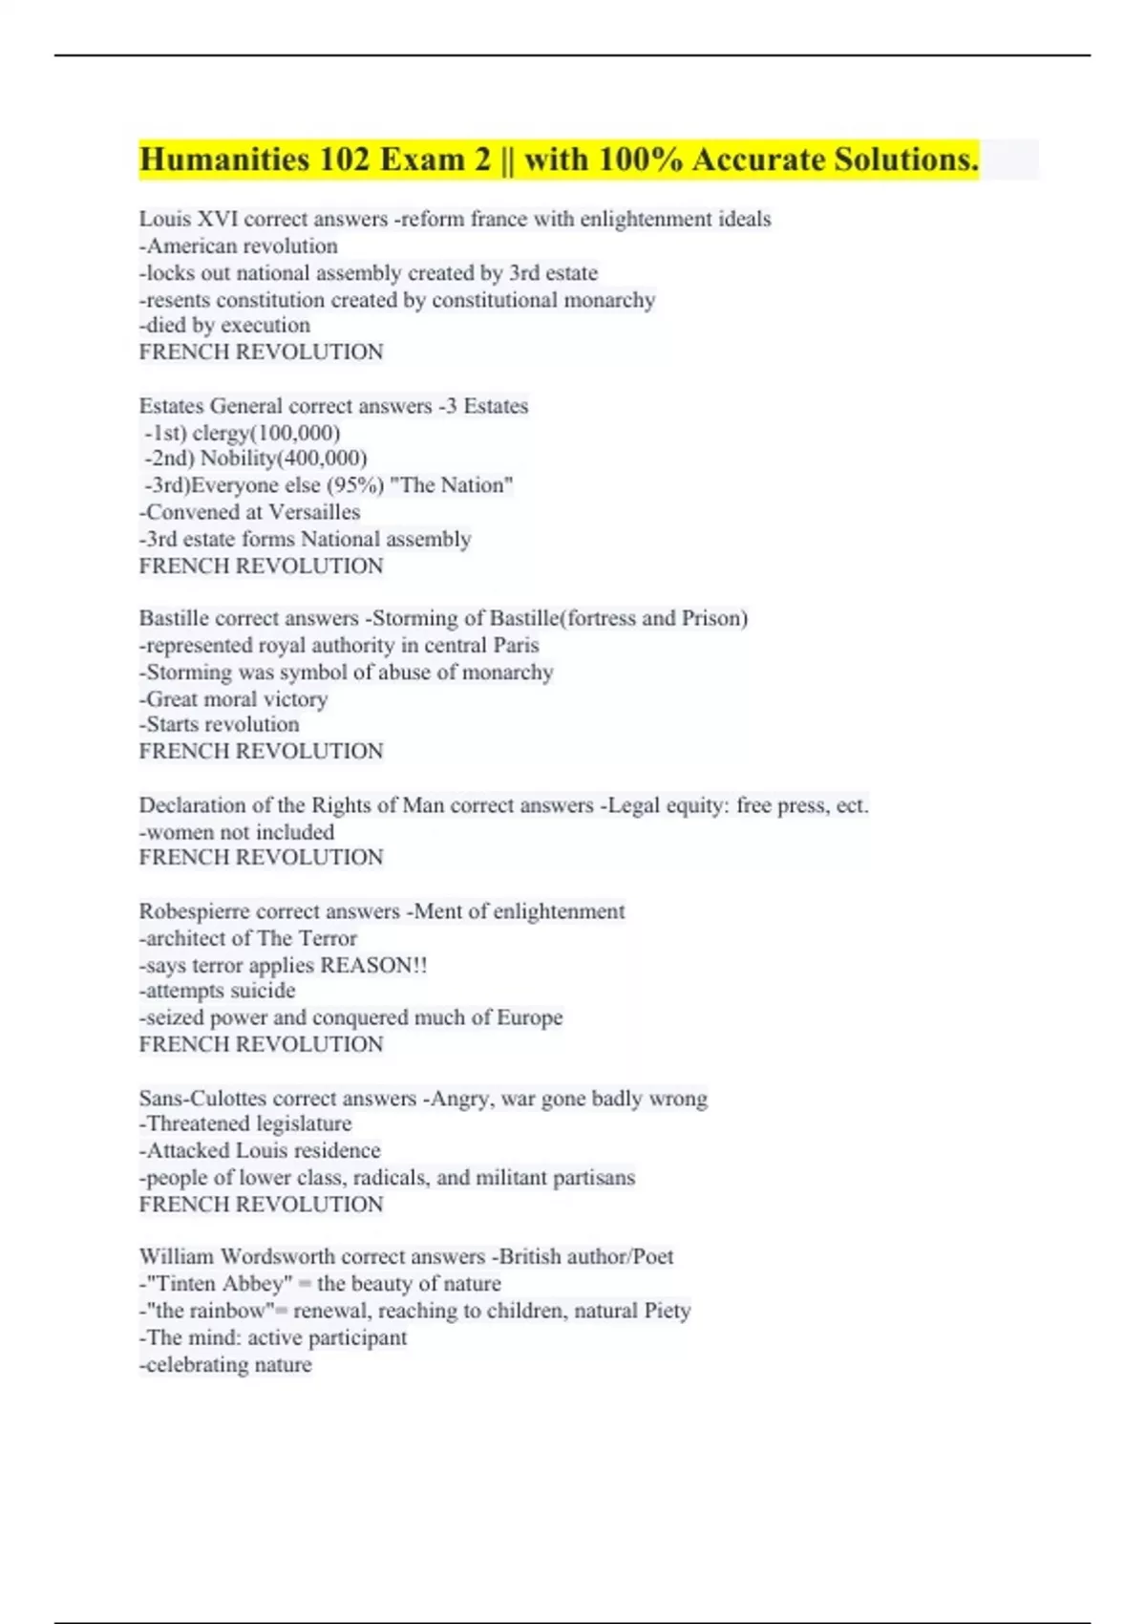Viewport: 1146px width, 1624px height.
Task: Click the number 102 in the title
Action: click(344, 160)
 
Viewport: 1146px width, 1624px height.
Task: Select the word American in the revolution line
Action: click(198, 246)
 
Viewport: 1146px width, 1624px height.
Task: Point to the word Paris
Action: click(516, 645)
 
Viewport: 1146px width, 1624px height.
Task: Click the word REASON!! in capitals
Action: click(373, 965)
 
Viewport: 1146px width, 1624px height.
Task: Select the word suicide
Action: click(263, 991)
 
